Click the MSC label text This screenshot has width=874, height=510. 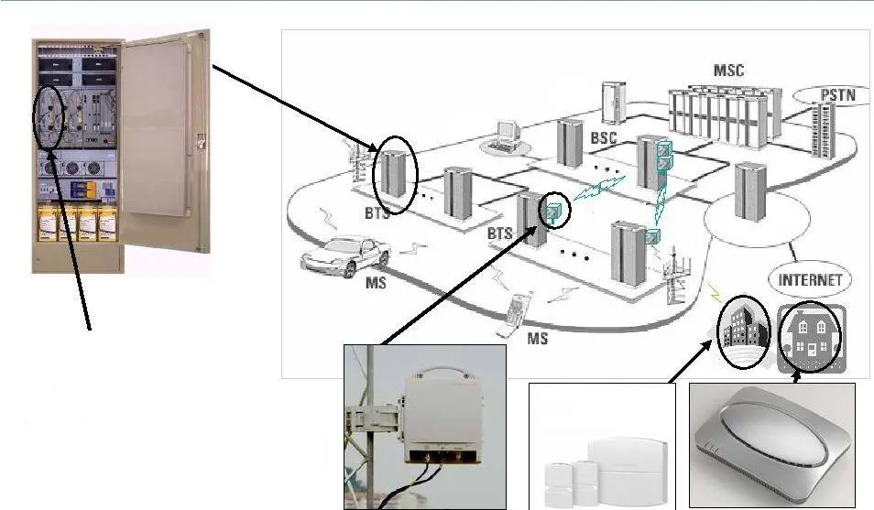pos(729,71)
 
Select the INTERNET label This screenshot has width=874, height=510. pos(808,280)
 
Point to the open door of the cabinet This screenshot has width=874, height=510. pos(166,128)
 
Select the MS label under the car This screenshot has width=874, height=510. pos(376,283)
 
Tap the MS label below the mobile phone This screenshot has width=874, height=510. pos(538,339)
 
